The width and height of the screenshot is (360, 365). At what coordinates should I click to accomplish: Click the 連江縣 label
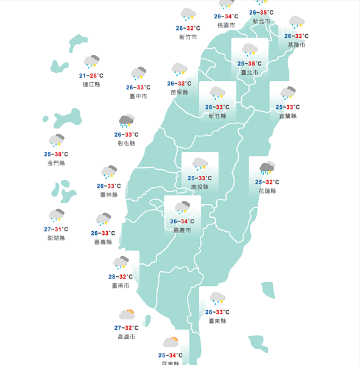coord(91,85)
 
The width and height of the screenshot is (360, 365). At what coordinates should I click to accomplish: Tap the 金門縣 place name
coord(56,163)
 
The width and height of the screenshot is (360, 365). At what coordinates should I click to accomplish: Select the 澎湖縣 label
coord(56,238)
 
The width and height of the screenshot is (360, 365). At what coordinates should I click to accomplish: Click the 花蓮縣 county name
coord(267,190)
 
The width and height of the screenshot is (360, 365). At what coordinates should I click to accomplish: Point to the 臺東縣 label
coord(217,321)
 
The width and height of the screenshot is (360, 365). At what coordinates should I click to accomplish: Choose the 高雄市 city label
coord(127,336)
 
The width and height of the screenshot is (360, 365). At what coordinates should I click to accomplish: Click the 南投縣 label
coord(200,187)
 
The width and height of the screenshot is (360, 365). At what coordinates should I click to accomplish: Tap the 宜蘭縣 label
coord(288,116)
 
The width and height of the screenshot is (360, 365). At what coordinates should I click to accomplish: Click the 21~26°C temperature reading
coord(91,75)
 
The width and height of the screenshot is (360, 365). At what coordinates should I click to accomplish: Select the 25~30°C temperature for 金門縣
coord(56,155)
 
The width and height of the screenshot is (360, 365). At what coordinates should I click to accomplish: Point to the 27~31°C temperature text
coord(56,229)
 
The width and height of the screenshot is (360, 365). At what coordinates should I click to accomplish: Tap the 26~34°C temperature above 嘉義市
coord(182,221)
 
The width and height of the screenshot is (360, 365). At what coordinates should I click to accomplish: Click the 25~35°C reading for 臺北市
coord(250,63)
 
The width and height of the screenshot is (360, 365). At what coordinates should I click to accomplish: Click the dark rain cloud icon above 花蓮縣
coord(267,167)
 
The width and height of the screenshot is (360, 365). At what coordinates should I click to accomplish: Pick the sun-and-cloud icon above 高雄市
coord(127,315)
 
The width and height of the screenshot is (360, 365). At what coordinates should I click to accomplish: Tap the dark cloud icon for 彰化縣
coord(127,120)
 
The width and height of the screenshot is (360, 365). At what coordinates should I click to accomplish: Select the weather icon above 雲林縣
coord(109,172)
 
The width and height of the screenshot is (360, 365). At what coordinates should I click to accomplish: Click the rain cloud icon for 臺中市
coord(139,74)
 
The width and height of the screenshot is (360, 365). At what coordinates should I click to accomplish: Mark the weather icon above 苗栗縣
coord(179,69)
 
